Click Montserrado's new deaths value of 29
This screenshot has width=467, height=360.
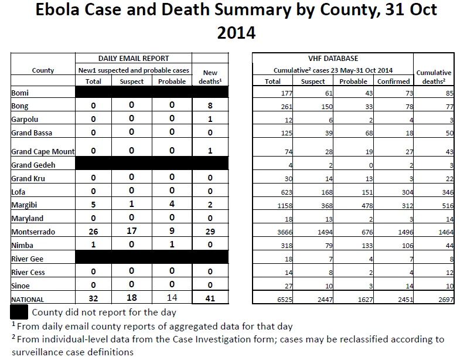210,232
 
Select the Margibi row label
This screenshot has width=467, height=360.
24,205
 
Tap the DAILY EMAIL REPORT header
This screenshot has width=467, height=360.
134,59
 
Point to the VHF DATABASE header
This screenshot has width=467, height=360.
333,59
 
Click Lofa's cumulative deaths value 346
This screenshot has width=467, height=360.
448,192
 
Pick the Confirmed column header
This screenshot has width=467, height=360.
393,81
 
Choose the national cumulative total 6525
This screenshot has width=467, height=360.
285,300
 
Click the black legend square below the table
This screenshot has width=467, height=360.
19,312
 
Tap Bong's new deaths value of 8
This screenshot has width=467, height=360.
210,106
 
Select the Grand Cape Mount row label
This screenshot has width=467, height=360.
43,152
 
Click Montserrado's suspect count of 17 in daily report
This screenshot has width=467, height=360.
132,231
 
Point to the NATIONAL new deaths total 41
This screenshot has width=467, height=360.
210,298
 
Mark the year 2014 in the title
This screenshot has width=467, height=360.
236,32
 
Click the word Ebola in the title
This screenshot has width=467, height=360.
57,9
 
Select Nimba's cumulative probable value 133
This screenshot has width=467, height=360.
367,246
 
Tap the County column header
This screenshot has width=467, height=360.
43,70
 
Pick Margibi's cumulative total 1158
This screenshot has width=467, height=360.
285,206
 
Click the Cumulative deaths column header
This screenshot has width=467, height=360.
434,77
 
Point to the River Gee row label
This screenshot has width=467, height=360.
27,259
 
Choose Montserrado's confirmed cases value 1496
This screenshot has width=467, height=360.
405,232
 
